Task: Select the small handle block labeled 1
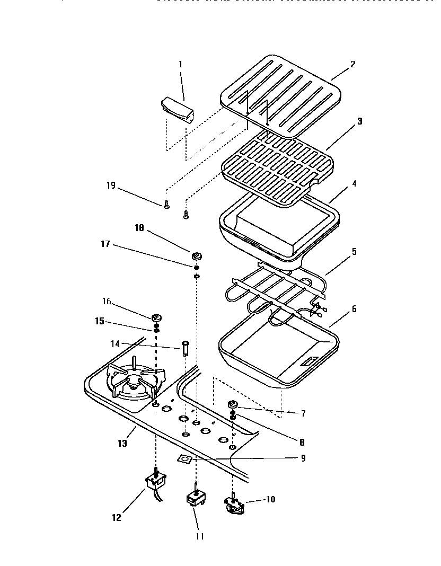pyautogui.click(x=177, y=109)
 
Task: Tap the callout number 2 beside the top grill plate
pyautogui.click(x=353, y=65)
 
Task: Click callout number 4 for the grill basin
pyautogui.click(x=354, y=184)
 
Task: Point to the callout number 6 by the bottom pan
pyautogui.click(x=354, y=309)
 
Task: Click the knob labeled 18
pyautogui.click(x=197, y=257)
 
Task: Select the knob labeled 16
pyautogui.click(x=156, y=318)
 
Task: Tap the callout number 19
pyautogui.click(x=111, y=185)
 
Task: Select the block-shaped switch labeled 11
pyautogui.click(x=195, y=499)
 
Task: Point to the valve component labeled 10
pyautogui.click(x=235, y=506)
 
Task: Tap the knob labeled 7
pyautogui.click(x=233, y=405)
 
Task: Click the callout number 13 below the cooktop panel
pyautogui.click(x=123, y=444)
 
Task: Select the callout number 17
pyautogui.click(x=105, y=244)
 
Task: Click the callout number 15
pyautogui.click(x=100, y=321)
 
